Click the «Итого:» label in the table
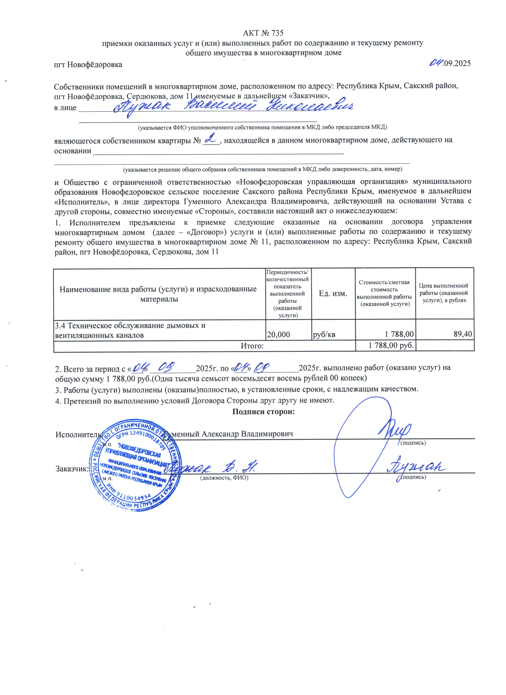pos(252,346)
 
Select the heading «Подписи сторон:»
pos(263,411)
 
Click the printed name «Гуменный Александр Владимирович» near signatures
pos(229,434)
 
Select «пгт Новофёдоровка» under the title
pos(88,65)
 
